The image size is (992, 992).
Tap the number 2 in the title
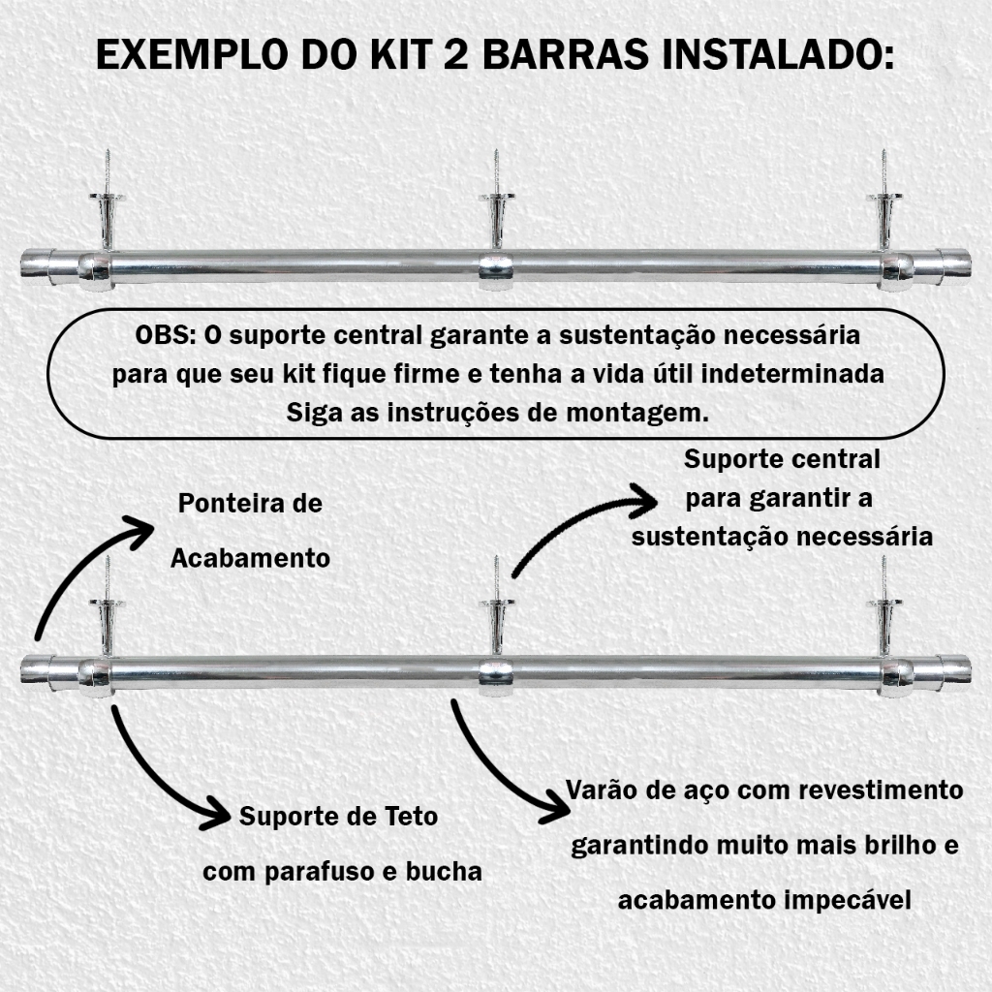456,54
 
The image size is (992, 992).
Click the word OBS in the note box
162,335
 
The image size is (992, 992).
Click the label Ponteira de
251,504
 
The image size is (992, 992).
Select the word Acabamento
251,558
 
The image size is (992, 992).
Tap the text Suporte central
782,460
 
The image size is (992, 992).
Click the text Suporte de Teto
338,816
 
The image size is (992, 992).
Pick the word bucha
444,871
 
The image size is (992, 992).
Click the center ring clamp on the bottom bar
496,676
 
